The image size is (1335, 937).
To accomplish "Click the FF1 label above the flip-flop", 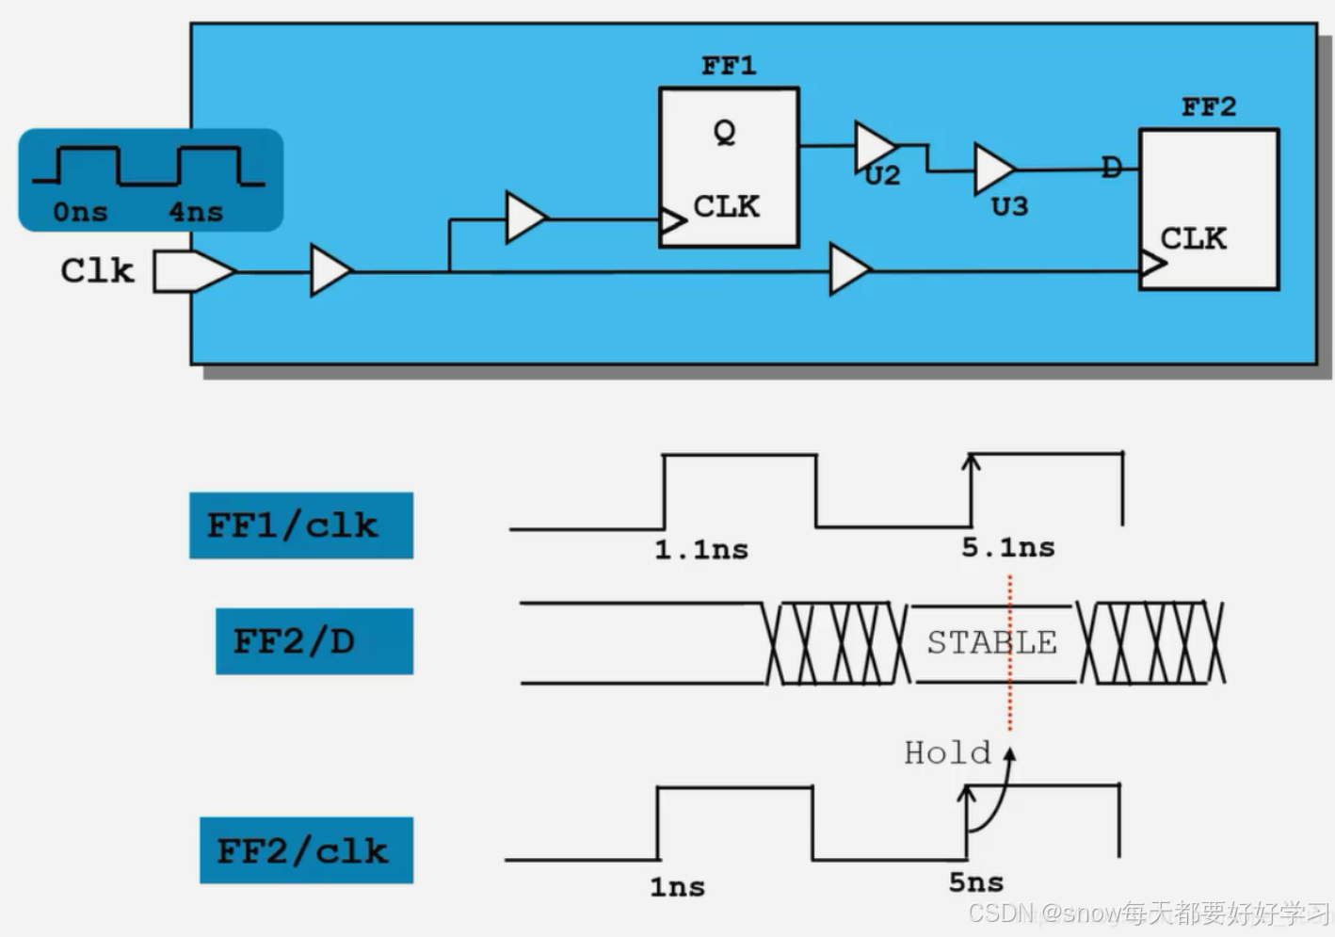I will [729, 66].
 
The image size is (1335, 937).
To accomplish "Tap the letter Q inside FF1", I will [724, 133].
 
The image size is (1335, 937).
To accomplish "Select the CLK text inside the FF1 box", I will [726, 206].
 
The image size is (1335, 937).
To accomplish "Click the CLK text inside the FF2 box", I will [1193, 238].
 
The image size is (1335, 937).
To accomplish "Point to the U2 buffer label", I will [883, 176].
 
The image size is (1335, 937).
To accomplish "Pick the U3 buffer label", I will [1009, 206].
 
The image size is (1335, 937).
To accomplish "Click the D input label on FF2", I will [1112, 169].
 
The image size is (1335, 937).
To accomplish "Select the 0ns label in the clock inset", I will [80, 212].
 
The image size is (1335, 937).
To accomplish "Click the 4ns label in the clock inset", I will [196, 212].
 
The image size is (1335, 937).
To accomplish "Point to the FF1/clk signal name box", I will [301, 525].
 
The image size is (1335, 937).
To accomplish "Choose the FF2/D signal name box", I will [314, 641].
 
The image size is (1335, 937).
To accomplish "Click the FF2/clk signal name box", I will [306, 850].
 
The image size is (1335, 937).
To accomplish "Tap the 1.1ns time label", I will [701, 550].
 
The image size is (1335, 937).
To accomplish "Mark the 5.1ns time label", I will [1007, 548].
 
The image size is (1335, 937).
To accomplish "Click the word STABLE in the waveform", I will [991, 643].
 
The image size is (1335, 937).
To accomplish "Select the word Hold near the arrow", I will [947, 753].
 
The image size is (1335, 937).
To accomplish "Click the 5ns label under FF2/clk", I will [975, 883].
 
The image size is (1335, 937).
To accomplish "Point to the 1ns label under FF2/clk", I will [677, 887].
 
